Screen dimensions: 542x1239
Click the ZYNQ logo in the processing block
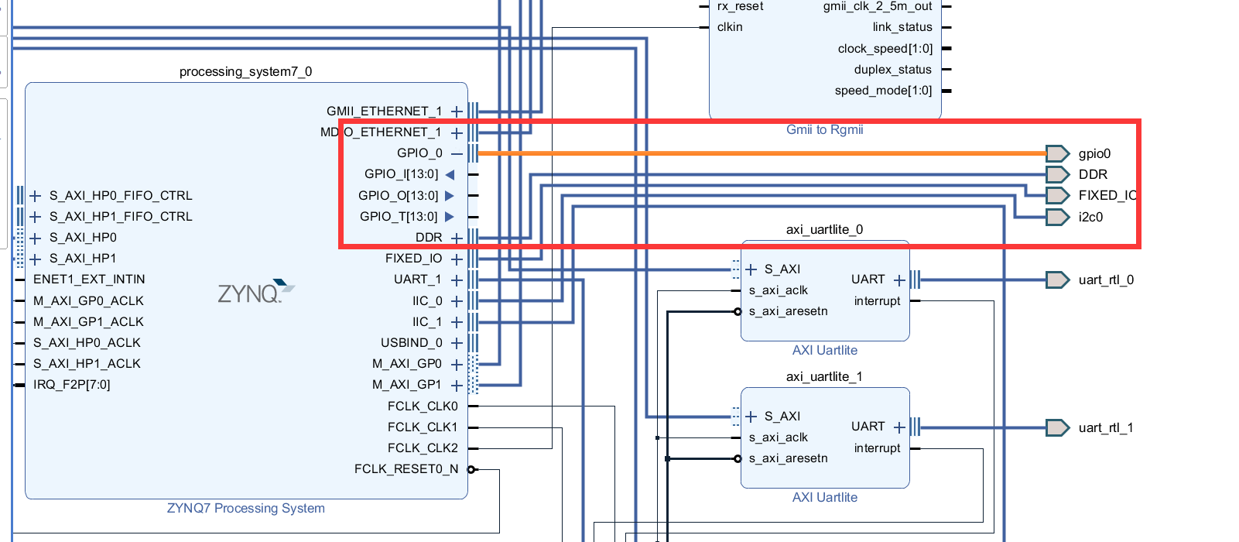click(255, 292)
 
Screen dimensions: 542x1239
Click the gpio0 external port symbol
click(1056, 153)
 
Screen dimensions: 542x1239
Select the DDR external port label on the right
click(1093, 175)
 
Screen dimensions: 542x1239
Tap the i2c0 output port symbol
click(1056, 217)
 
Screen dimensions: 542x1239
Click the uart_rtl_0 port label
click(1106, 280)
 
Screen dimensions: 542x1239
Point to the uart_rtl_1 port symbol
click(1056, 427)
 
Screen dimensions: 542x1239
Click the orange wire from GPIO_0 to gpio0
click(758, 153)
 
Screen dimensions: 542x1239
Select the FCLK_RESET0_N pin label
click(406, 469)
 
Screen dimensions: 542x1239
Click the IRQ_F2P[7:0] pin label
click(72, 385)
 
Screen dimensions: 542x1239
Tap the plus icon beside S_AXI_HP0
click(36, 238)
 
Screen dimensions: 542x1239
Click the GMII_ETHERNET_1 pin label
click(384, 111)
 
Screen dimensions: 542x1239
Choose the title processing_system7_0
click(245, 72)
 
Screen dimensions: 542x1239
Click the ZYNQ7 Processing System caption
click(245, 509)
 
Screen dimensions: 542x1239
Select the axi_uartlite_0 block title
click(824, 230)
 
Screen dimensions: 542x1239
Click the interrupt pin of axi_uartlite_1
click(877, 448)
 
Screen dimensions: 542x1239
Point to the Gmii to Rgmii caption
click(824, 130)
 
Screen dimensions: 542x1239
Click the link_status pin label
click(902, 27)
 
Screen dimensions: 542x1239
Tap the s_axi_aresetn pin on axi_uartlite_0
click(788, 311)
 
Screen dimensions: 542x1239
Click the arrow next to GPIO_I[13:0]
click(450, 175)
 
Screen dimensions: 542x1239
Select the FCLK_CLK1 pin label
click(423, 427)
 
